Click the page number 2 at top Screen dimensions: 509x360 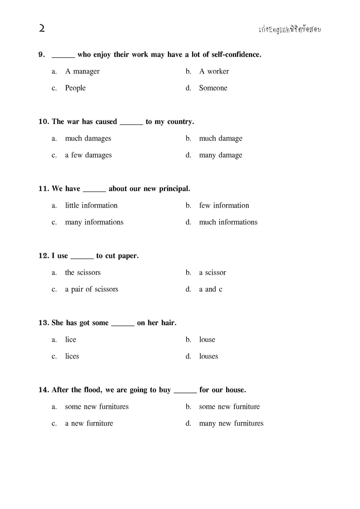[42, 28]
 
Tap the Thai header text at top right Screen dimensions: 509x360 [290, 30]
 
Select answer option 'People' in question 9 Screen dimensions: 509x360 [75, 88]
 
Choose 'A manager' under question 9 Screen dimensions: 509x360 [82, 71]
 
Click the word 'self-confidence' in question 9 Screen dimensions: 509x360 [236, 55]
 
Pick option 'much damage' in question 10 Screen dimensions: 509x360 [220, 139]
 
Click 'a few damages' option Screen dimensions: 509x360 [88, 155]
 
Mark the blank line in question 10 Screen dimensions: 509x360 [131, 122]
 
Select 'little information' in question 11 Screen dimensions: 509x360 [91, 206]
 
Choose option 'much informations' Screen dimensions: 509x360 [228, 222]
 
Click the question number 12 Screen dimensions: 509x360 [44, 256]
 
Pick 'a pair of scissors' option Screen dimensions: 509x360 [91, 290]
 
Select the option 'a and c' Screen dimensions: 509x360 [210, 290]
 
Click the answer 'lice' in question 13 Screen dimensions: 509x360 [70, 340]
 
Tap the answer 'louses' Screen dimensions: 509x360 [208, 357]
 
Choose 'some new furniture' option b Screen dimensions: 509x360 [229, 407]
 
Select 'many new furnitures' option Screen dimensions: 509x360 [231, 423]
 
